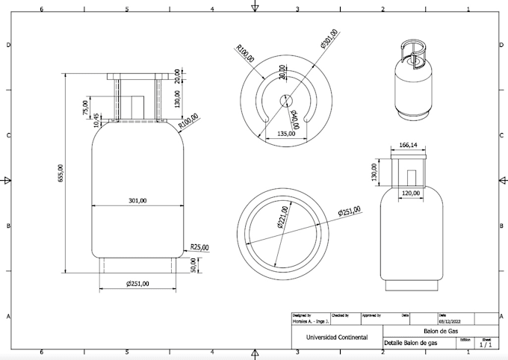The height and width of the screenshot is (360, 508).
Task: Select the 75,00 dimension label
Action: [84, 108]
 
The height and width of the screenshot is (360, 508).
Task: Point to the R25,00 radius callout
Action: [199, 246]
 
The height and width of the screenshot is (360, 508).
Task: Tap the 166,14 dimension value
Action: [408, 146]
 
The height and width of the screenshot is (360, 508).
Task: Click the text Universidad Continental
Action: [336, 338]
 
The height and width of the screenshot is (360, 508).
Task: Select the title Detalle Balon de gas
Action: [411, 343]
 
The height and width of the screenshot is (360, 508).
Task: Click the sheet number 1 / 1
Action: [486, 344]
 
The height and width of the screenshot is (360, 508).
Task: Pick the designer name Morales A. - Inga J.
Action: [309, 321]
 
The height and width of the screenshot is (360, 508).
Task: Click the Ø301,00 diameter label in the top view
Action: [329, 39]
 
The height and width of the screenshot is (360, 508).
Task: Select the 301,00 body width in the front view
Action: [137, 200]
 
